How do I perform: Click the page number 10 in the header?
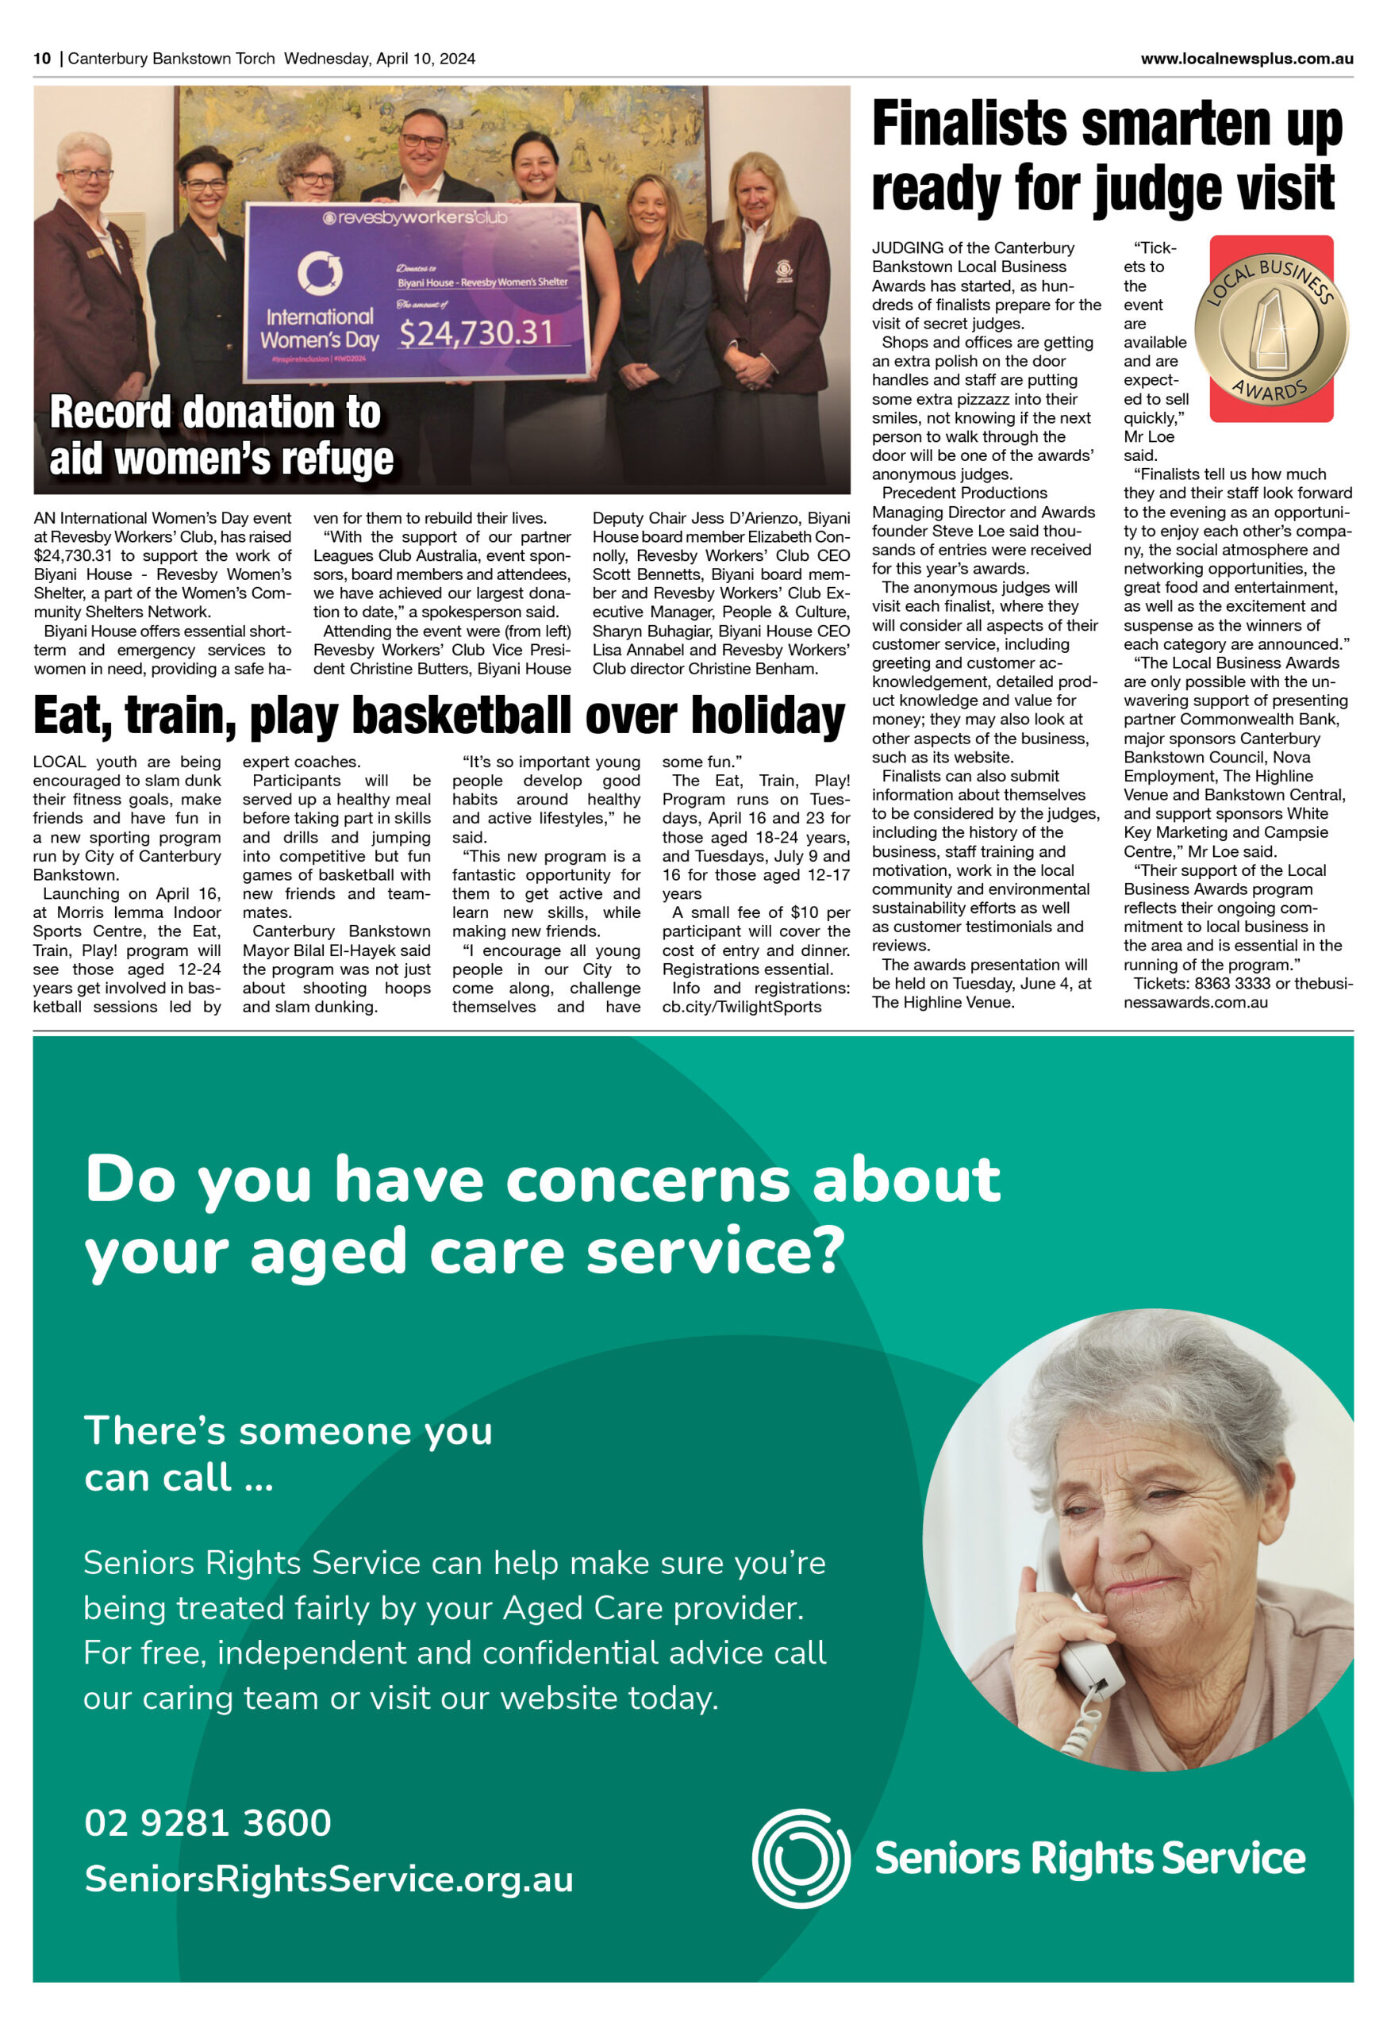42,59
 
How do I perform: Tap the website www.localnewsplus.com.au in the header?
1247,59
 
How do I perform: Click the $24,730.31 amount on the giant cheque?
476,332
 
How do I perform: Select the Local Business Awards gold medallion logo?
1271,328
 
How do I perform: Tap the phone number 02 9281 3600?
208,1823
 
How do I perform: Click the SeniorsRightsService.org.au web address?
328,1879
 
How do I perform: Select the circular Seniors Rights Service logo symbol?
801,1858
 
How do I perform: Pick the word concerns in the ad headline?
647,1181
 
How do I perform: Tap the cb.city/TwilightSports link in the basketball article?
741,1007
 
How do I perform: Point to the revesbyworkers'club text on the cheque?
415,217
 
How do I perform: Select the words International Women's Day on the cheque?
319,328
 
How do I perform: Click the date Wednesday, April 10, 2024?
379,59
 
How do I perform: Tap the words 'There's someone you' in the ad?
288,1431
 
